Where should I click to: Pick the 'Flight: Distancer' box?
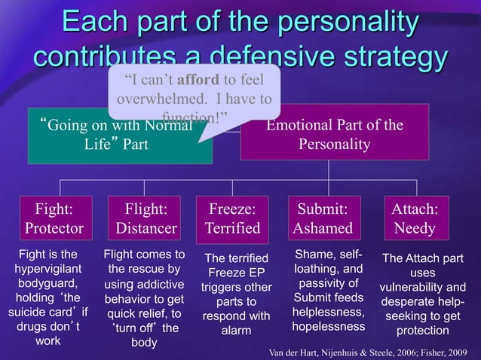(146, 217)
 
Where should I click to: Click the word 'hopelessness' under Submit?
(328, 325)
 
